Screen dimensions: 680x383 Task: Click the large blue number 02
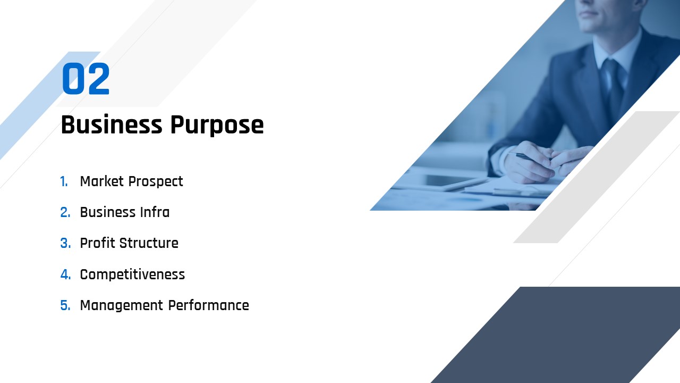86,79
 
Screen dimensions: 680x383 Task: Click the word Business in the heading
112,124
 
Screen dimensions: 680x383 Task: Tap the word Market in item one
101,181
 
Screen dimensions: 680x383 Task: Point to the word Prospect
156,182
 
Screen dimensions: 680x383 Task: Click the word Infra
155,212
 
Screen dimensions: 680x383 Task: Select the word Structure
149,244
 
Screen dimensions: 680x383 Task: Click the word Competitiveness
132,274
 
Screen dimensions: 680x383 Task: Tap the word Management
122,306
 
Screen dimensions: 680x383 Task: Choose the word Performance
209,305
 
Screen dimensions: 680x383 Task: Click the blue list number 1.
64,182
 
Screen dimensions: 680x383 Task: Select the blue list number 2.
65,212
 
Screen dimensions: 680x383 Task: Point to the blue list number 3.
65,244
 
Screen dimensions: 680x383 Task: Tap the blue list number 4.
65,274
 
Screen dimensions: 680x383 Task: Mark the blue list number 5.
65,305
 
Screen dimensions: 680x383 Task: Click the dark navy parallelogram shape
556,335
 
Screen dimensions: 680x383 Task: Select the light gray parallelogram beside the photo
597,177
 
